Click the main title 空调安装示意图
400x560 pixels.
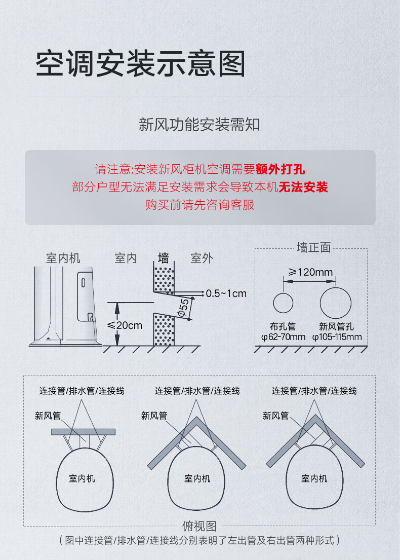[141, 63]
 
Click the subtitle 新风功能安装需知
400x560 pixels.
[199, 125]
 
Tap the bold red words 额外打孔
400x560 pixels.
[281, 169]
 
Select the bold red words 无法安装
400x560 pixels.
[303, 187]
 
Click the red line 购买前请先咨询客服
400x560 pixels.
[200, 205]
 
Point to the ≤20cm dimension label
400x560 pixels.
[125, 325]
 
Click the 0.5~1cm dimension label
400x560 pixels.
[226, 293]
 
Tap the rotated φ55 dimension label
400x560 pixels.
[183, 308]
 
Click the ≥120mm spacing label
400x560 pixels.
[310, 272]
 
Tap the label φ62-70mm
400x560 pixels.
[284, 337]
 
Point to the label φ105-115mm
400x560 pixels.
[337, 337]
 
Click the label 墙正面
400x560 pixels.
[313, 247]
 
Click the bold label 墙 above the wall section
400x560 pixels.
[164, 258]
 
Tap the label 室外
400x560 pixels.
[202, 258]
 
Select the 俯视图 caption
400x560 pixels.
[199, 526]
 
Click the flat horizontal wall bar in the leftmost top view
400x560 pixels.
[83, 432]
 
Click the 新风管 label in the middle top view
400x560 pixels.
[154, 416]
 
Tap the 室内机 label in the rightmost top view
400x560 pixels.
[314, 478]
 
